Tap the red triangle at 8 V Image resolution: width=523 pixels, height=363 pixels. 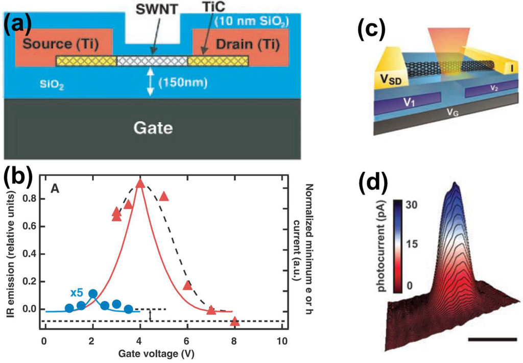pos(234,322)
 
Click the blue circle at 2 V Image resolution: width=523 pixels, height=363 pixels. pos(92,294)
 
